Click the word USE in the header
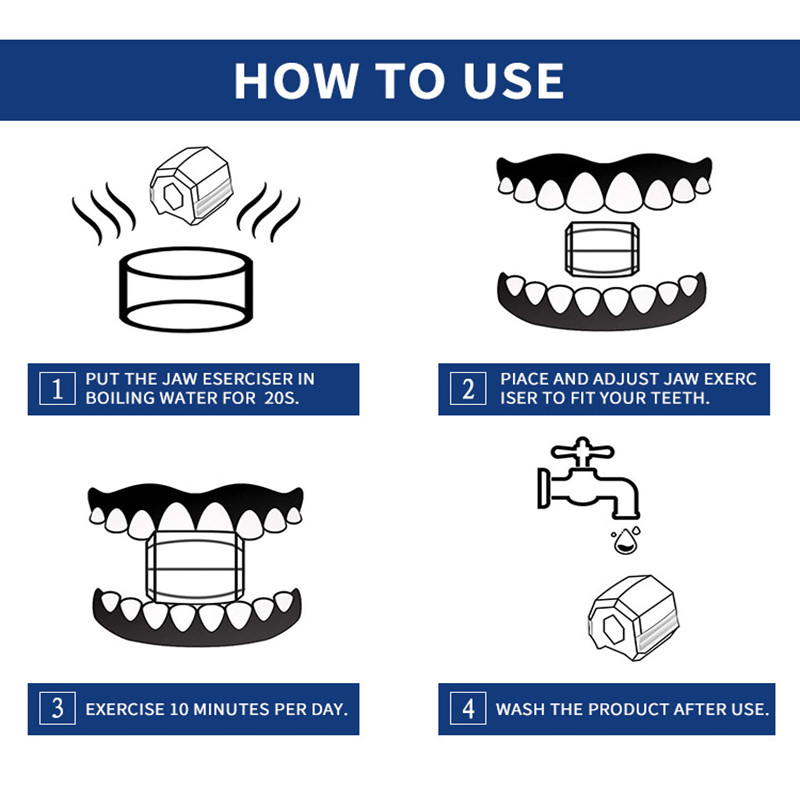[514, 81]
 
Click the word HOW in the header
[295, 81]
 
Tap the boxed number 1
[57, 389]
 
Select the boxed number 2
[468, 389]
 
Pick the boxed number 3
[57, 708]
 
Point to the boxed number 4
[468, 708]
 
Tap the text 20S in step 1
[281, 398]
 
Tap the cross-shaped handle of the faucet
[582, 451]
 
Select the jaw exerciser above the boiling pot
[191, 185]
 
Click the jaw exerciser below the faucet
[633, 618]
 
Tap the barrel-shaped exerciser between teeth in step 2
[602, 249]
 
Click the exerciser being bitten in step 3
[195, 567]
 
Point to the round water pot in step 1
[186, 289]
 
